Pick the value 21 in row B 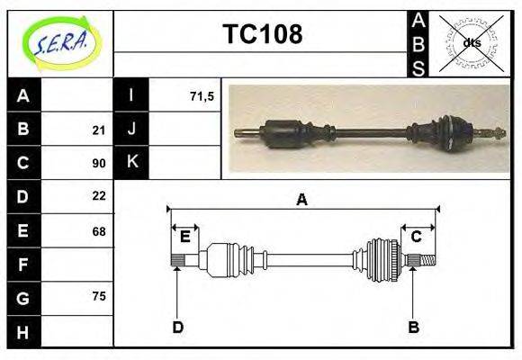pos(99,130)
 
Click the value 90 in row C pos(99,163)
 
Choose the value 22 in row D pos(99,195)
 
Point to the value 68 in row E pos(99,230)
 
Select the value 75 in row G pos(99,296)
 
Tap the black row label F pos(23,264)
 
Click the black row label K pos(131,163)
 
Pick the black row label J pos(131,130)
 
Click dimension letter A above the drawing pos(301,200)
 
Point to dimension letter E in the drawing pos(184,237)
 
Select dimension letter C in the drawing pos(417,237)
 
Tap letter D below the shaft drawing pos(177,327)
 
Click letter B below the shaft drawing pos(414,327)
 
